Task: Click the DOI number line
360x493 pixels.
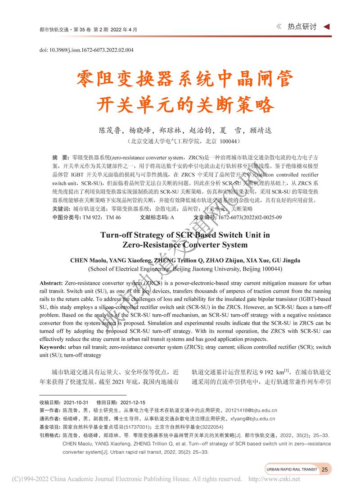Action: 86,50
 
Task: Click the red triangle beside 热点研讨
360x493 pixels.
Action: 328,27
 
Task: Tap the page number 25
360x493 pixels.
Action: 325,470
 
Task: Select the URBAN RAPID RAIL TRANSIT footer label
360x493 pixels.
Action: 292,470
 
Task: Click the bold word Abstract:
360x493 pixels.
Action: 51,283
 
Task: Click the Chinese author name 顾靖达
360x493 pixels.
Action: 259,131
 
